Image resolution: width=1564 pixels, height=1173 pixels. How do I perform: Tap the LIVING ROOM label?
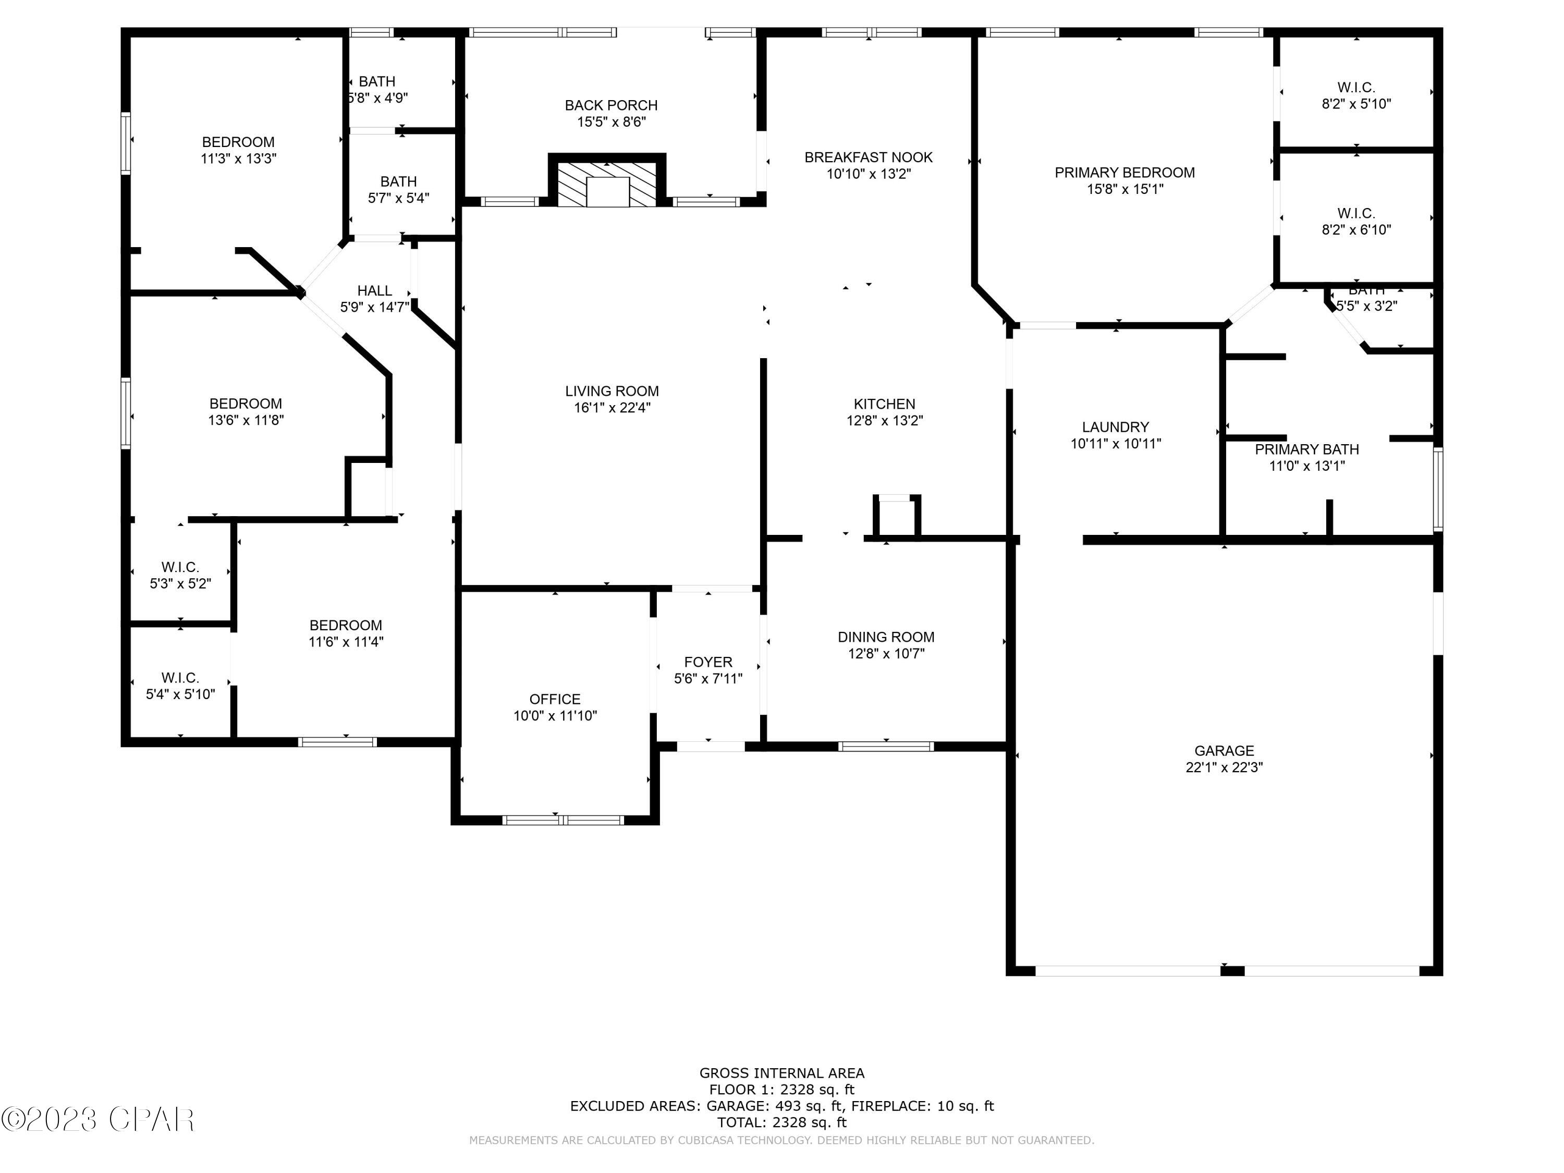point(612,391)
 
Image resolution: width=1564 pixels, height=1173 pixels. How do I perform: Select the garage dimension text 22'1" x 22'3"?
point(1224,767)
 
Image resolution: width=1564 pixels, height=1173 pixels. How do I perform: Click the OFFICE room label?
point(555,699)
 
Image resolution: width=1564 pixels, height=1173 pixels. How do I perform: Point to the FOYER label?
point(708,662)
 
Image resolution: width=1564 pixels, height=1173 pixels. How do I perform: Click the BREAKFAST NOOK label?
point(868,157)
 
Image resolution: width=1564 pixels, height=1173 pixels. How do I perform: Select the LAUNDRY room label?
point(1116,427)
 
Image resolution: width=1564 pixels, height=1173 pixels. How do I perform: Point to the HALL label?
point(375,290)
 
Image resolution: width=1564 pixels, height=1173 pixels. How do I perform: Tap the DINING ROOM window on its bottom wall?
point(886,746)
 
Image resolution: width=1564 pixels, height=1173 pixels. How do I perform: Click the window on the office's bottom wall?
point(564,820)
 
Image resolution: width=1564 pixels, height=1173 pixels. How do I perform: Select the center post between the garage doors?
point(1232,971)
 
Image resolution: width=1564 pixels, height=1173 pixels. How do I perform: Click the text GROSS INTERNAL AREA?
point(781,1073)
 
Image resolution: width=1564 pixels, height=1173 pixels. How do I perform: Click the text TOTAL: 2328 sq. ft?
point(781,1122)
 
